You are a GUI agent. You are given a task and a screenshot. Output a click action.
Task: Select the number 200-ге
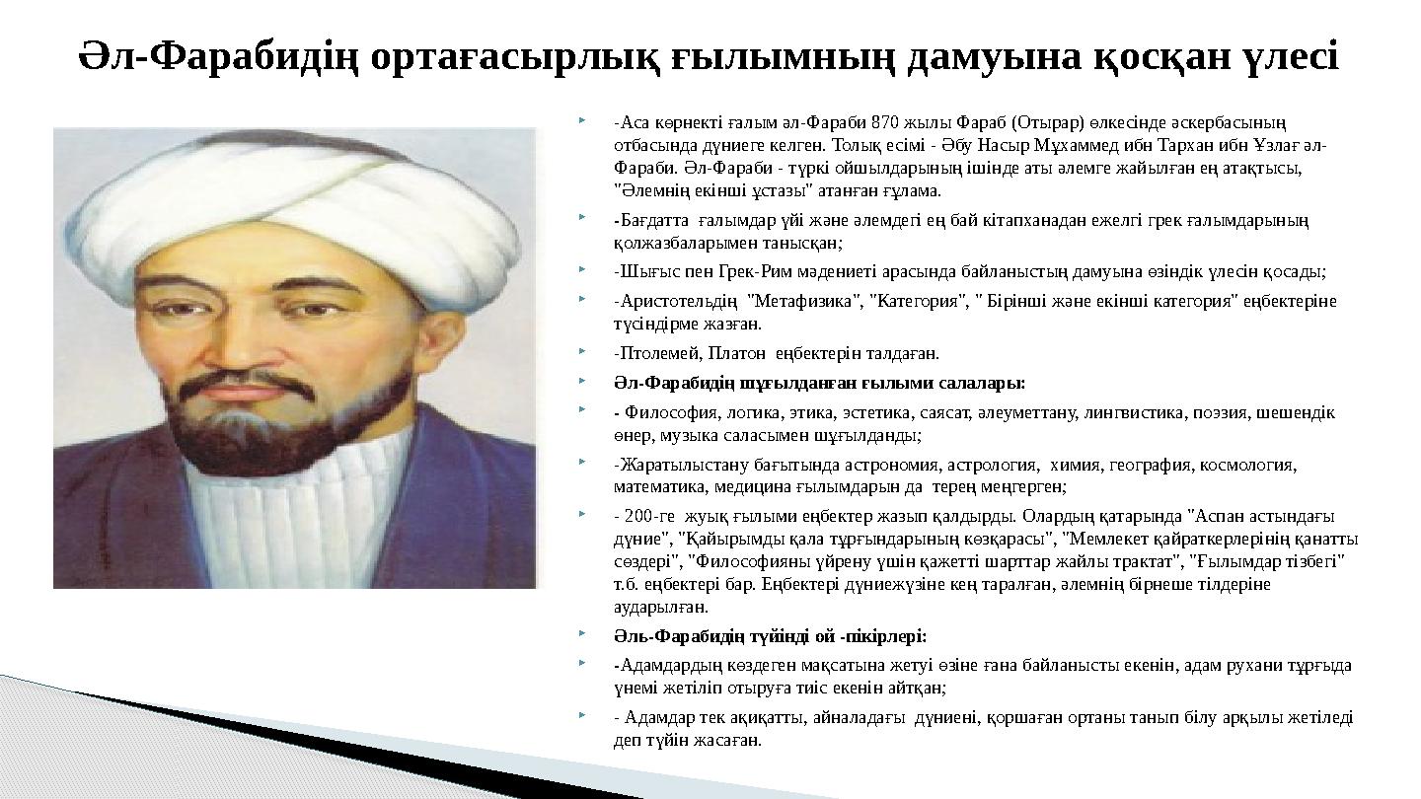pyautogui.click(x=650, y=516)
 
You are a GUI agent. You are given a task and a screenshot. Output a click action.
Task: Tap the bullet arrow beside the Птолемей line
pyautogui.click(x=585, y=350)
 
